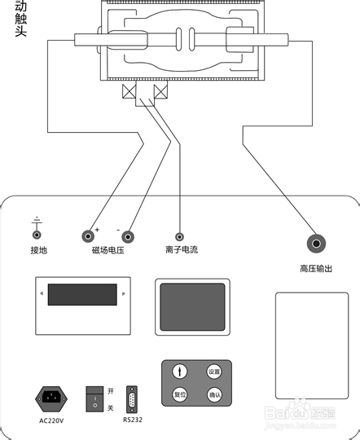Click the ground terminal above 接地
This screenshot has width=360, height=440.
(x=37, y=234)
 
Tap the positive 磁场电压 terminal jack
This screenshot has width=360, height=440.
(x=88, y=237)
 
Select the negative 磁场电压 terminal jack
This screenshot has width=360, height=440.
(x=128, y=237)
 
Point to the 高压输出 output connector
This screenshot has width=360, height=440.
(x=315, y=243)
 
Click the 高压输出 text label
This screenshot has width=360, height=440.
(x=316, y=268)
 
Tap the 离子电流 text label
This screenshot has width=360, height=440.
(x=179, y=251)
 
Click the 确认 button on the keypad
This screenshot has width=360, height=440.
(x=214, y=395)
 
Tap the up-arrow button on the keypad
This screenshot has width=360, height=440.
(x=180, y=372)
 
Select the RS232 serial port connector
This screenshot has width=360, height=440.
(x=132, y=401)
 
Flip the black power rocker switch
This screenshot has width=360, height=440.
(x=96, y=398)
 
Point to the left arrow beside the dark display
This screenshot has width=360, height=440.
(x=40, y=293)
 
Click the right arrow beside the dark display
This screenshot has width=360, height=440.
(x=123, y=293)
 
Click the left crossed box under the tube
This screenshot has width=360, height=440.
(x=129, y=92)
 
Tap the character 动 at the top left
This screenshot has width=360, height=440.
(x=21, y=7)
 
